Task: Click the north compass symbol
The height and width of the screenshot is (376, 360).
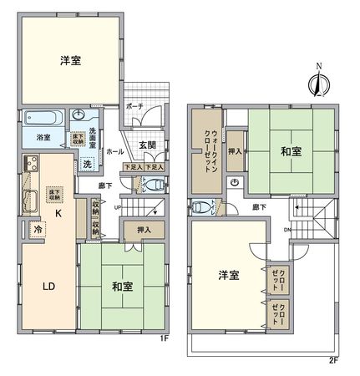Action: [316, 83]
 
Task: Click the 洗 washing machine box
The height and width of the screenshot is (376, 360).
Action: [88, 164]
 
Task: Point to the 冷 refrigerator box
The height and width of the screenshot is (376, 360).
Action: [38, 227]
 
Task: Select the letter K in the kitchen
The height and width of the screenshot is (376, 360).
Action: [58, 214]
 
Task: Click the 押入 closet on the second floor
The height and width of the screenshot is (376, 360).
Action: [236, 151]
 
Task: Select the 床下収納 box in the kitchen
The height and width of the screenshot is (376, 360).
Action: [57, 194]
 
